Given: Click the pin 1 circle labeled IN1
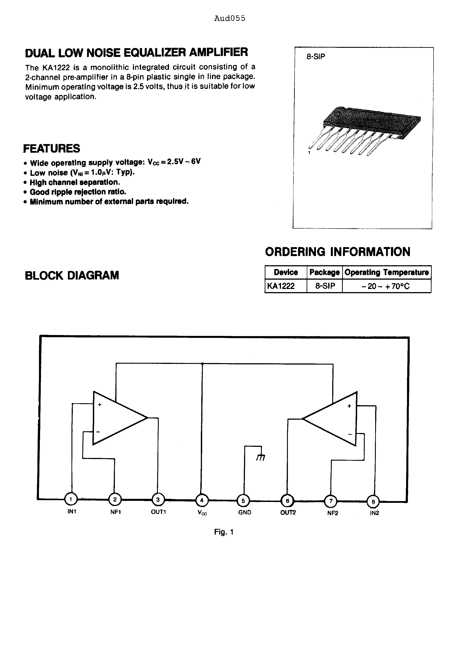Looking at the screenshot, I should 71,499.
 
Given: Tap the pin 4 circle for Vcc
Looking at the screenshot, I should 202,500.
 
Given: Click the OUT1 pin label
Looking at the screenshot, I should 158,512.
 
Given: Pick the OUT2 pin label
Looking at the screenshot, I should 288,512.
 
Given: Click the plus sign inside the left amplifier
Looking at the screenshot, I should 100,405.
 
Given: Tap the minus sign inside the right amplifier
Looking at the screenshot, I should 350,434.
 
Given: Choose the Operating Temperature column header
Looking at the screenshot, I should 386,272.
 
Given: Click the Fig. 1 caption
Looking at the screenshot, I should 224,532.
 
